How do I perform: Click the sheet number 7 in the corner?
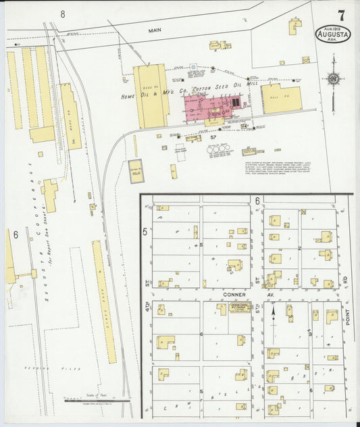click(x=342, y=15)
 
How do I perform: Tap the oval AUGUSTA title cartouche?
click(x=332, y=34)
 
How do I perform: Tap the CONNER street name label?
click(x=232, y=295)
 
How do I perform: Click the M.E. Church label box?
click(x=239, y=307)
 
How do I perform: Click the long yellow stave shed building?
click(x=105, y=301)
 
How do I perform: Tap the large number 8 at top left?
click(x=62, y=14)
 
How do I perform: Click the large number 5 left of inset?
click(x=145, y=232)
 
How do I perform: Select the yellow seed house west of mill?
click(x=151, y=96)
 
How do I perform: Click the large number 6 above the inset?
click(x=257, y=201)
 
